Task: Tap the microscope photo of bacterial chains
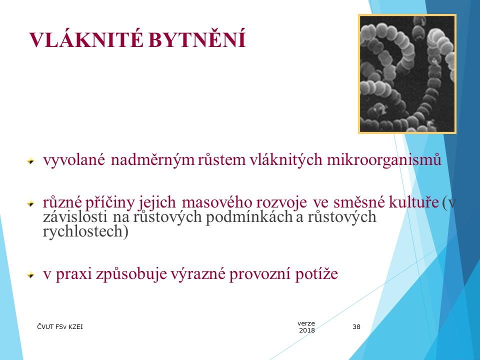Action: (407, 74)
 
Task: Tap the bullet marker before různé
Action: (31, 203)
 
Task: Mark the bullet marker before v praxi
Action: (31, 274)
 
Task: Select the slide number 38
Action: (356, 327)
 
